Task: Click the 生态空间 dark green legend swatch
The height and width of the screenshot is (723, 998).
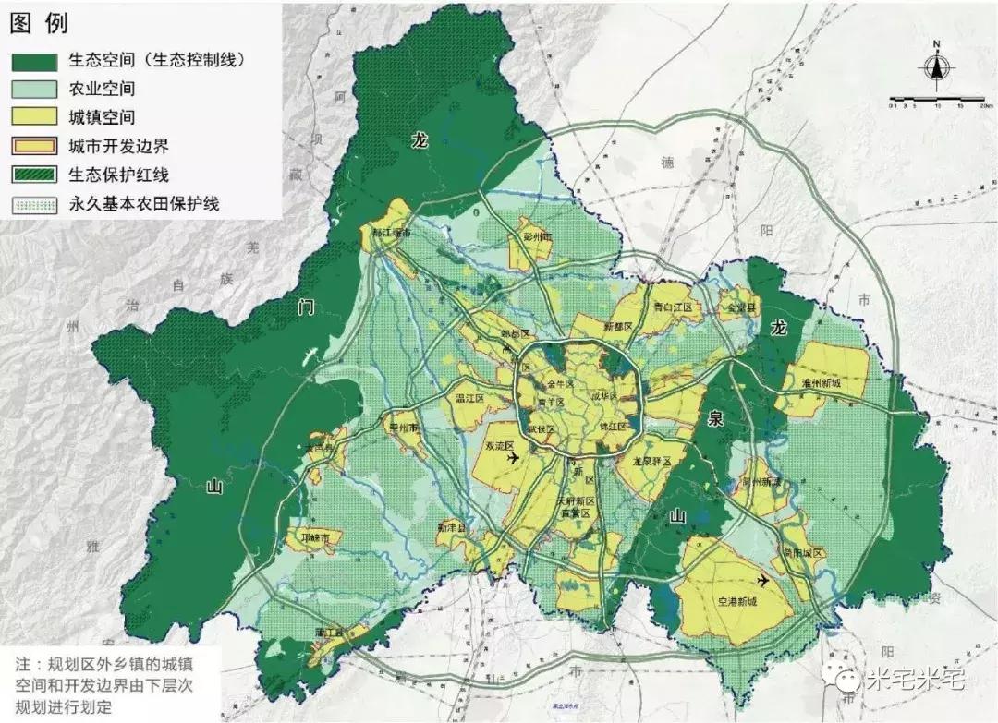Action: pos(35,61)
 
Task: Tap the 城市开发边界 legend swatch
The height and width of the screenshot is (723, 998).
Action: pos(35,146)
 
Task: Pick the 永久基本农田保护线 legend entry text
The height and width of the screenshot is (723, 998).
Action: pos(143,203)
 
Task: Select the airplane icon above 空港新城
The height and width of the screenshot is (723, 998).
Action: pos(762,580)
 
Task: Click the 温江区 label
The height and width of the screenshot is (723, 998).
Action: pos(470,399)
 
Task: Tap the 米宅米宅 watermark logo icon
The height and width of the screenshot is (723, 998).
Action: pos(846,680)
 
